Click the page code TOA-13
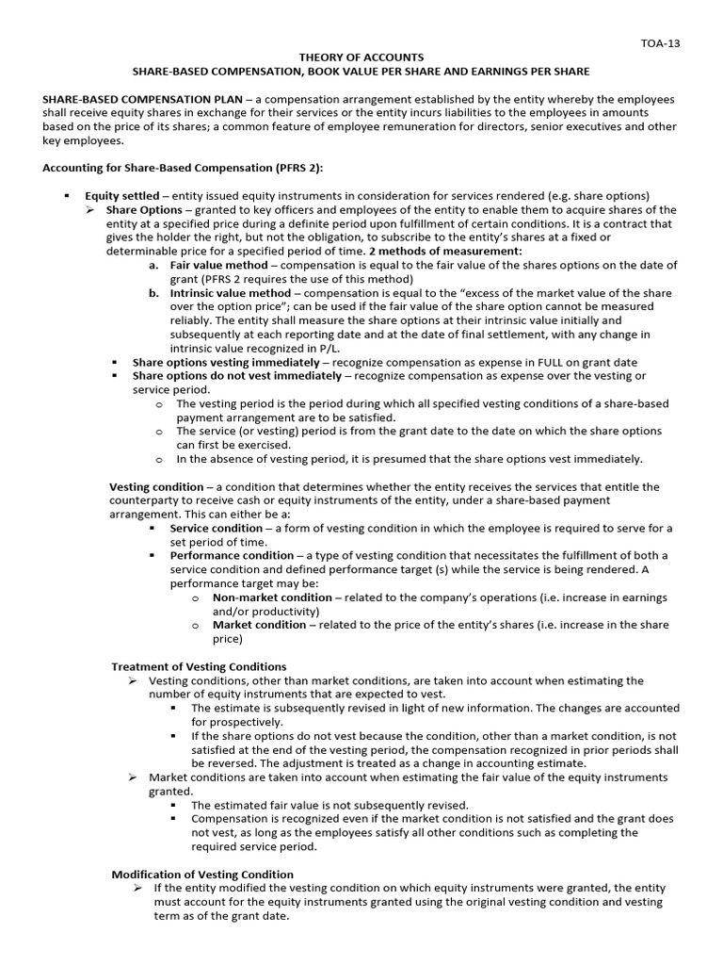coord(658,42)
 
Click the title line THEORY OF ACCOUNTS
coord(361,57)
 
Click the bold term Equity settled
coord(121,196)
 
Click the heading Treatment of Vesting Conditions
coord(199,666)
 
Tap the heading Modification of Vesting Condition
coord(202,875)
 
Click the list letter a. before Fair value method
coord(153,266)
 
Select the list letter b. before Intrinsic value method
coord(153,294)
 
